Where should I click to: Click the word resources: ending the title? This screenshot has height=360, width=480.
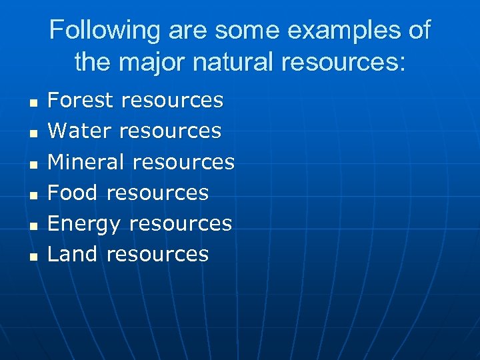(x=343, y=63)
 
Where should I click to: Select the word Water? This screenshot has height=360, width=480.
(x=78, y=131)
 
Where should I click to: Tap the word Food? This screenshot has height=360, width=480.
(x=73, y=192)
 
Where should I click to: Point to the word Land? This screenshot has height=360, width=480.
(x=73, y=253)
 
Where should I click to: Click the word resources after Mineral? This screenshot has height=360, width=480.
(x=183, y=161)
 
